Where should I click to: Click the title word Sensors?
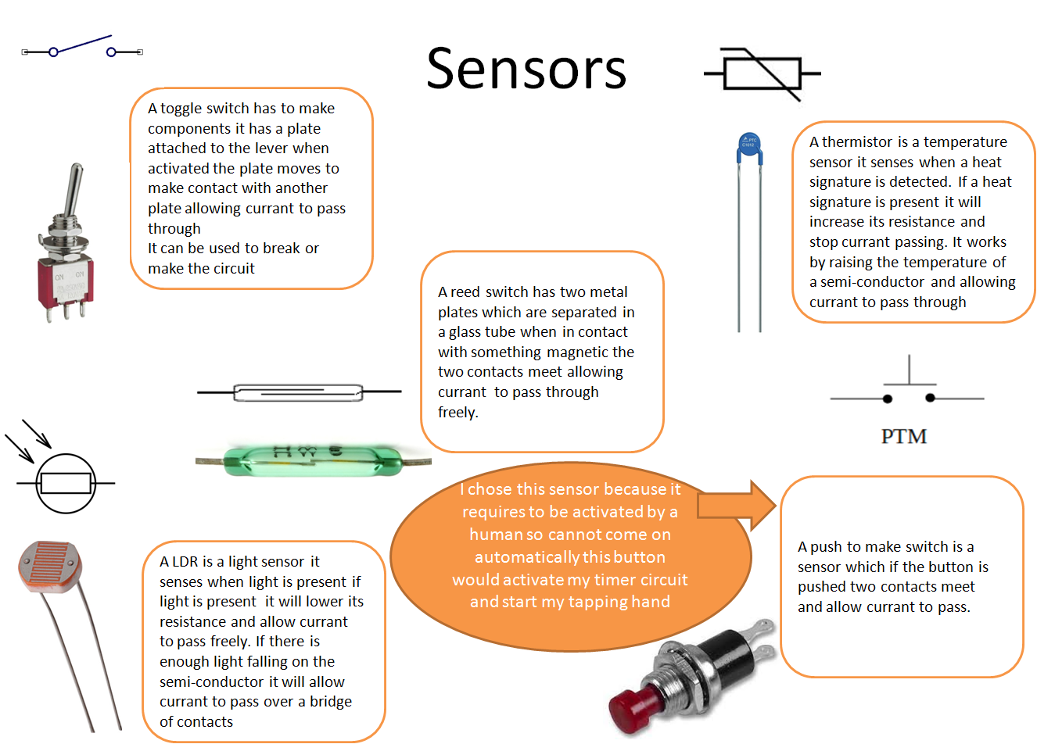click(x=526, y=69)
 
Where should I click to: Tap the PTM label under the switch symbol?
click(x=903, y=436)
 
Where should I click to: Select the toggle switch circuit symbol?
click(x=82, y=48)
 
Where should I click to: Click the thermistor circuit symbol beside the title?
click(x=762, y=74)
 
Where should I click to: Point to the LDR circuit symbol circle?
click(x=66, y=484)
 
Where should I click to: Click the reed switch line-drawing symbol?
click(x=298, y=392)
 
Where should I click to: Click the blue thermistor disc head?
click(x=749, y=148)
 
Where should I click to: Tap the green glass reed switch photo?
click(x=313, y=461)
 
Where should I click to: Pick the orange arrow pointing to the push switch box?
click(x=736, y=506)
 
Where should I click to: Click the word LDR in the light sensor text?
click(x=185, y=562)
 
